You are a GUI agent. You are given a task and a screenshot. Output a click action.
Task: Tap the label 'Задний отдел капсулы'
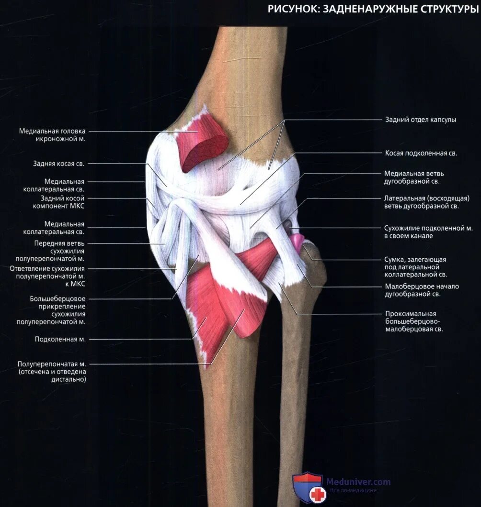[421, 120]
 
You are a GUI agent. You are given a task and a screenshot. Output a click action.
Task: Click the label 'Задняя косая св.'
[59, 164]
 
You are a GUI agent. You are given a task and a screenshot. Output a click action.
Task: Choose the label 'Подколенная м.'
[60, 339]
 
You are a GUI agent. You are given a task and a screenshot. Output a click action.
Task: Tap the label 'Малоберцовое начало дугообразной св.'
[422, 290]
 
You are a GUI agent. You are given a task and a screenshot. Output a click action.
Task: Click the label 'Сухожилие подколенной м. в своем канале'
[420, 232]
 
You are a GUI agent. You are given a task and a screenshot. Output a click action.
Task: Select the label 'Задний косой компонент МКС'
[59, 201]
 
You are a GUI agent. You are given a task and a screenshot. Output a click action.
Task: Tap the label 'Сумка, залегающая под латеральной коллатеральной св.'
[415, 267]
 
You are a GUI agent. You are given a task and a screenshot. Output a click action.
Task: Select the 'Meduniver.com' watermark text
[358, 482]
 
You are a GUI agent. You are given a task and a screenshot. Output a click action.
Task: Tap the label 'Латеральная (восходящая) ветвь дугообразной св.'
[426, 202]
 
